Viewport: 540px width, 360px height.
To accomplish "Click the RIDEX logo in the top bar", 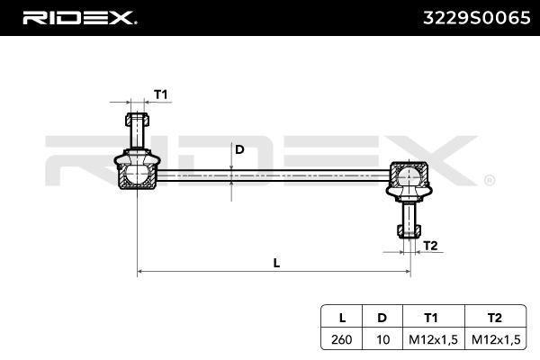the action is tap(78, 16).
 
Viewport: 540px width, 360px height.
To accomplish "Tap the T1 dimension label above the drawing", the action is tap(161, 94).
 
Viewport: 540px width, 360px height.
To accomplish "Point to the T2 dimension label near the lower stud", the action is tap(430, 245).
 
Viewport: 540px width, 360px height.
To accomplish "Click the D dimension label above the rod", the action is tap(239, 150).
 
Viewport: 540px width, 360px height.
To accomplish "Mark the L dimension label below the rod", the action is tap(276, 263).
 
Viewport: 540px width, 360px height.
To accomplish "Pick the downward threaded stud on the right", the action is tap(409, 219).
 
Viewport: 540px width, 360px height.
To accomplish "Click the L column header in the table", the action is tap(342, 317).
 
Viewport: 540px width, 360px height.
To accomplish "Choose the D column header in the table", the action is tap(382, 317).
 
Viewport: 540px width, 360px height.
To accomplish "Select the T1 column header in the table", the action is tap(431, 317).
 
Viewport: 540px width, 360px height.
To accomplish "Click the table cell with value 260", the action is tap(342, 338).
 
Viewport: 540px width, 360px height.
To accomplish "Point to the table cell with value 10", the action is tap(382, 338).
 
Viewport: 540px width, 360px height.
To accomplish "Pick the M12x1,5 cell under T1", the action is tap(431, 338).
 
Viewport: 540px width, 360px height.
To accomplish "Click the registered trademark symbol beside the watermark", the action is tap(489, 180).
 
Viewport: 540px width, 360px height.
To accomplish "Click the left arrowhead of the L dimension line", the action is tap(140, 271).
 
